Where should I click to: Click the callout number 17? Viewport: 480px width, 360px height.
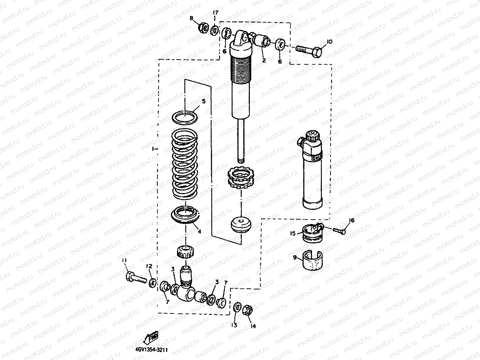(x=215, y=13)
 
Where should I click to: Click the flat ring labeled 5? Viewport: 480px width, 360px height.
(x=185, y=118)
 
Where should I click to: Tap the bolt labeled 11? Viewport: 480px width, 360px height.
(x=134, y=277)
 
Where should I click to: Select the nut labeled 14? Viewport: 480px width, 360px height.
(x=248, y=309)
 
